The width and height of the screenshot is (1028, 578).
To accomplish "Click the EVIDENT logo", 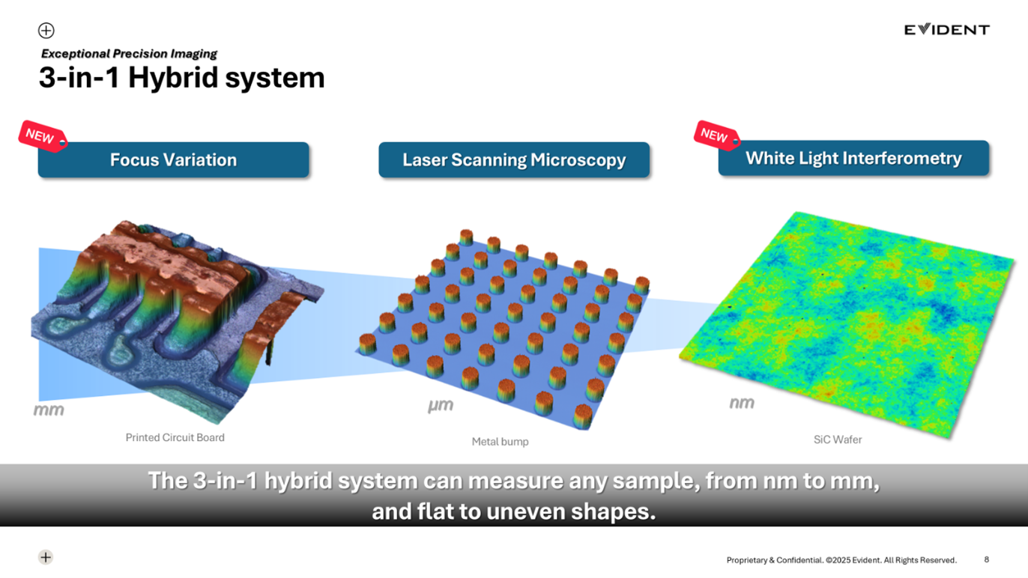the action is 947,29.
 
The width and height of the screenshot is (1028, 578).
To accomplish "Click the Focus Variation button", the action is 174,159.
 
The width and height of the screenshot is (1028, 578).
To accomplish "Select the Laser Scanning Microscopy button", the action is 514,159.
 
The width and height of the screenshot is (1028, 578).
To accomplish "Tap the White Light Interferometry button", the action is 853,158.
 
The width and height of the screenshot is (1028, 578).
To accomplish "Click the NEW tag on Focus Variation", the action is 42,136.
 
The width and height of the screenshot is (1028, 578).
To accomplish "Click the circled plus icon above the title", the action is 46,30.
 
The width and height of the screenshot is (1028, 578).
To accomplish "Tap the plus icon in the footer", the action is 46,557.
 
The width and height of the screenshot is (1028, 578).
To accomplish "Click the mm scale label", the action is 49,410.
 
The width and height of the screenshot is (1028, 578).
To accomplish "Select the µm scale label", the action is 441,405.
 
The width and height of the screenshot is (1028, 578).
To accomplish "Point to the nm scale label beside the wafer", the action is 742,403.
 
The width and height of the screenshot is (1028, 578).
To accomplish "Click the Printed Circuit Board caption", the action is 175,438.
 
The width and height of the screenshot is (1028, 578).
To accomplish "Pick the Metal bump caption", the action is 501,441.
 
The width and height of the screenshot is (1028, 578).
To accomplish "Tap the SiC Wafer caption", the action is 838,439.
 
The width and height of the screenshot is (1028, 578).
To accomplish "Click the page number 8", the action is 986,559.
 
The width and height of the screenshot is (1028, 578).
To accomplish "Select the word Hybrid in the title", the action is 173,78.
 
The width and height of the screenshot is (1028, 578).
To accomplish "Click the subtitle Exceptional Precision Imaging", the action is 129,54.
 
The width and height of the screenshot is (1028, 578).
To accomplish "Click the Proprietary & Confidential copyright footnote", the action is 841,559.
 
